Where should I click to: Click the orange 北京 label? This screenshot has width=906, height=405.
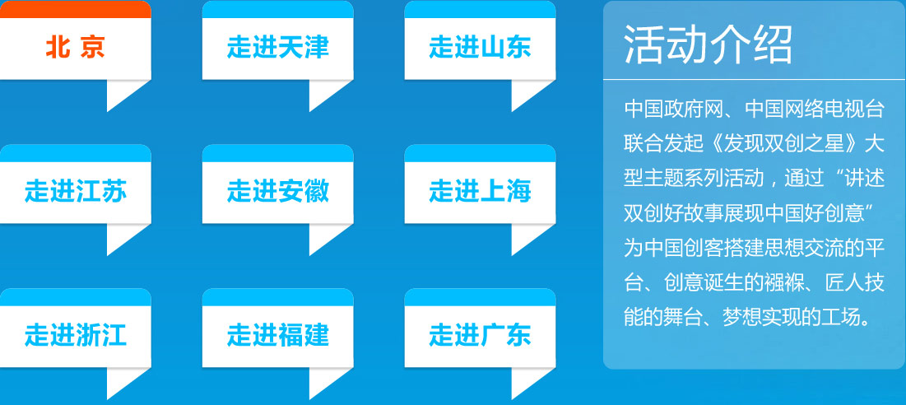tap(75, 48)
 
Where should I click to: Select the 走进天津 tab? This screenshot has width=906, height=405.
tap(278, 48)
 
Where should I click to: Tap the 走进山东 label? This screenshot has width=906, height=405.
tap(481, 48)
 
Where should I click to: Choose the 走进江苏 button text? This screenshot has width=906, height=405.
tap(76, 191)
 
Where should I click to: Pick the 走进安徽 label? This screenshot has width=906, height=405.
tap(278, 191)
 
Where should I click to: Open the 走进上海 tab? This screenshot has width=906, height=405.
tap(481, 191)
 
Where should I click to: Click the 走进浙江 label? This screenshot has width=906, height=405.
tap(76, 335)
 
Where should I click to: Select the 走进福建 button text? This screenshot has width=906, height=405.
tap(278, 335)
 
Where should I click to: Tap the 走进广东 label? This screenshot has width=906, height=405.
tap(481, 335)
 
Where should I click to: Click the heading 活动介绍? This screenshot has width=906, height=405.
tap(709, 45)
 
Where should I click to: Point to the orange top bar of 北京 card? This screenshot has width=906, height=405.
tap(75, 9)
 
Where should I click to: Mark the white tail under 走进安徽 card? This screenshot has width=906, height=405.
tap(327, 236)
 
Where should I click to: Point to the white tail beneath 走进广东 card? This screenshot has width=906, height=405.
tap(528, 380)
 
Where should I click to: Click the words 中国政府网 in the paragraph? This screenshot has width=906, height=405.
tap(674, 109)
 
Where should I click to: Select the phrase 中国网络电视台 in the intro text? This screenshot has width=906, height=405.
tap(815, 109)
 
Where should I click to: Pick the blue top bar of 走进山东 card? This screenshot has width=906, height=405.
tap(481, 9)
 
